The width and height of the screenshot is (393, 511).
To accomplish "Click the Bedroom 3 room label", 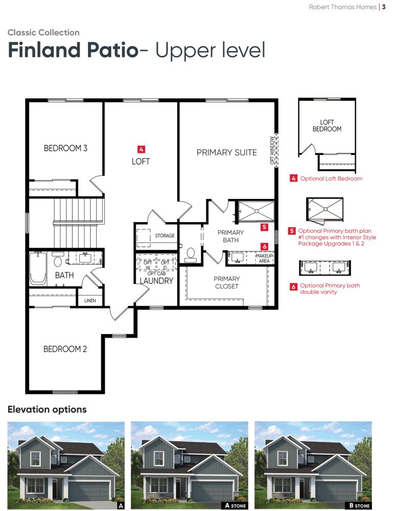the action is pos(65,148).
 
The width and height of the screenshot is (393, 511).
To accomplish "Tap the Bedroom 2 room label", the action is pos(65,349).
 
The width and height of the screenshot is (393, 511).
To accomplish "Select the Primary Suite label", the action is pos(227,152).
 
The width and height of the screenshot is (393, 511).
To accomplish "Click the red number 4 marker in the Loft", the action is pos(141,149).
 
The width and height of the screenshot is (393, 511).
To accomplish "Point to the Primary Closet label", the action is pos(227,282).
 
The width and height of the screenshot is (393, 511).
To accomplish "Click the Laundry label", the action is pos(156,281).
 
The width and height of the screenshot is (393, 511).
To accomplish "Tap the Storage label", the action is pos(165,236).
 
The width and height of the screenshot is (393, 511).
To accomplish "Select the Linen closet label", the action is pos(90,300).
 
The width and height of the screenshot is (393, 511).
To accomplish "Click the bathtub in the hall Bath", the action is pos(37,268).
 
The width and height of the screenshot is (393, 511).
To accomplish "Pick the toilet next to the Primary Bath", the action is pos(190,255).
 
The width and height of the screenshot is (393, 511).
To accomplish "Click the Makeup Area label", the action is pos(264,258).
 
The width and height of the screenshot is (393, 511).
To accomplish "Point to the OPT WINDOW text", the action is pos(272,150).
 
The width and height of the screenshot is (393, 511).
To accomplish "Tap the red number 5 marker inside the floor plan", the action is pos(264,227).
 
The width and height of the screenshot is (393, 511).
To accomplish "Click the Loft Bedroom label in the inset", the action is pos(327,126).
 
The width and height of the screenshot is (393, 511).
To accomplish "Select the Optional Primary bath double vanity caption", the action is pos(330,288).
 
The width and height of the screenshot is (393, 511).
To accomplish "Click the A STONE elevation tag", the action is pos(235,505).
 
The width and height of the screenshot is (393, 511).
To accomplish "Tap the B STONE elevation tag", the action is pos(359,505).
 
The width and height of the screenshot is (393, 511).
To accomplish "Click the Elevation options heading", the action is pos(47,409).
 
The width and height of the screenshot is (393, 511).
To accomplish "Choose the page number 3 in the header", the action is pos(384,7).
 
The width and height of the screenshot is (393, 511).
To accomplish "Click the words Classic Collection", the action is pos(43,33).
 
